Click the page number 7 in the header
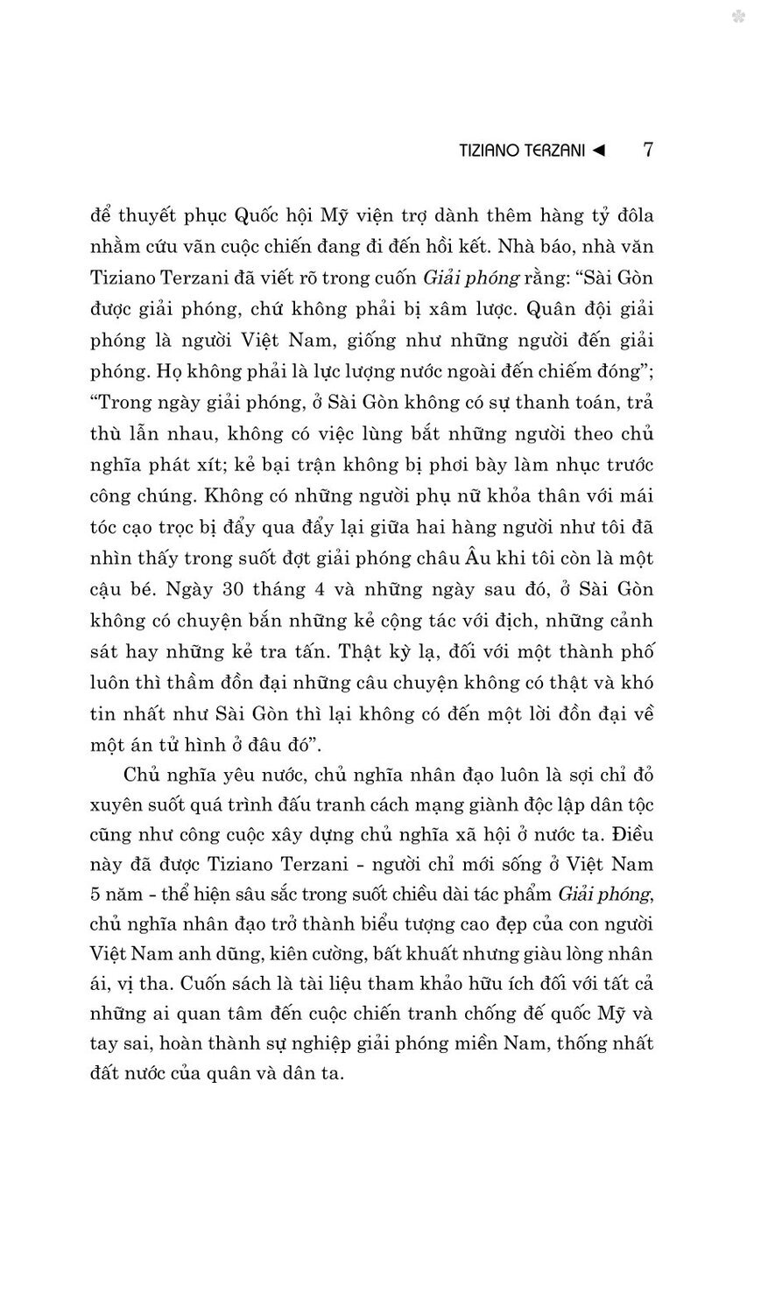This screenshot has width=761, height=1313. (647, 150)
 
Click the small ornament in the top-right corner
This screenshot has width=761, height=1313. (738, 16)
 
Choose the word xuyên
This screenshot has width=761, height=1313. (113, 807)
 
